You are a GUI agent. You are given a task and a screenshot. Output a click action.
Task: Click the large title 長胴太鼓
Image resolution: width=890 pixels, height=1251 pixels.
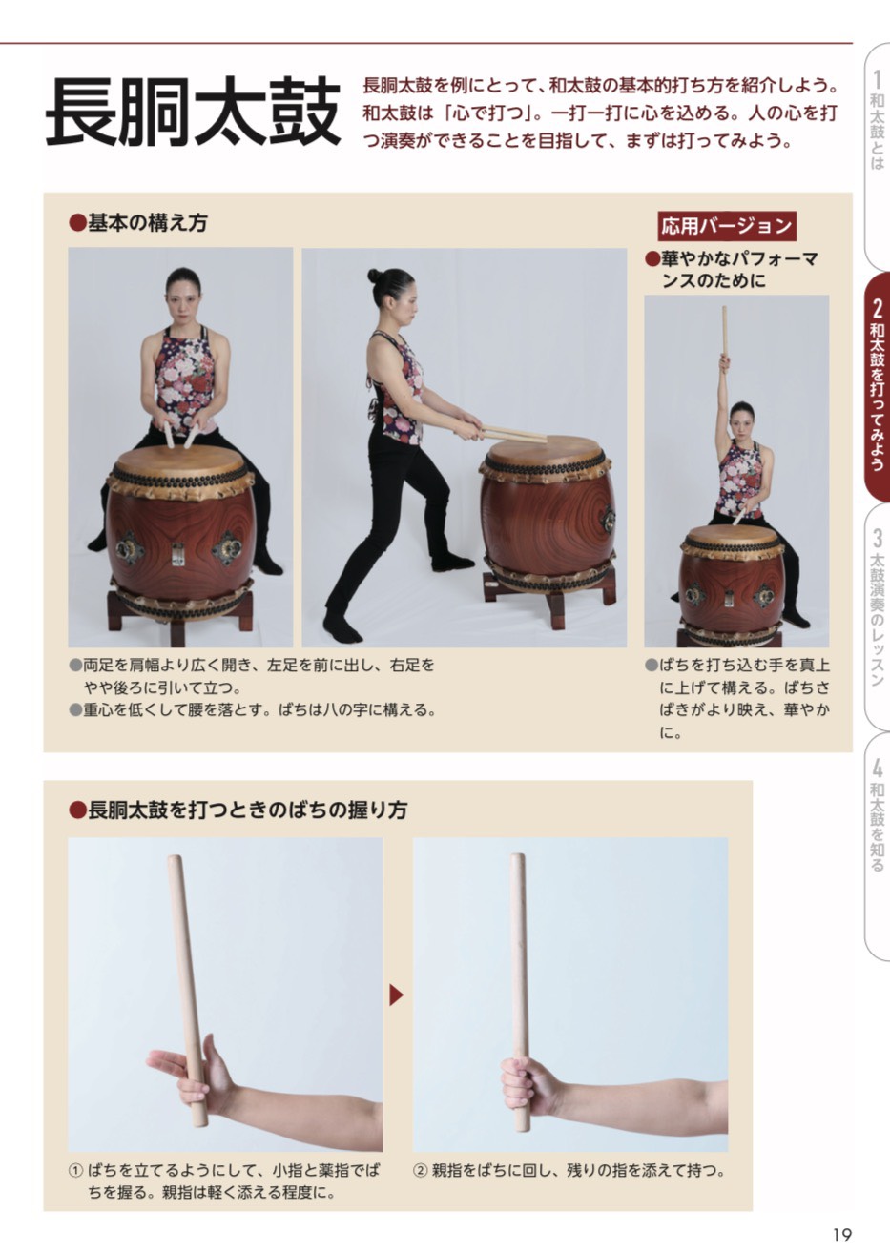pos(193,112)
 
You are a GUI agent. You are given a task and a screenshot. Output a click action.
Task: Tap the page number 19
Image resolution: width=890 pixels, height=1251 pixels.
pos(842,1234)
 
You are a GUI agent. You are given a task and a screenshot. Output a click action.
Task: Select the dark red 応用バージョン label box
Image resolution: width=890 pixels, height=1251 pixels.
pos(726,226)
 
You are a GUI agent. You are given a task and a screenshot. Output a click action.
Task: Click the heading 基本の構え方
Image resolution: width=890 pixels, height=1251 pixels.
pos(138,223)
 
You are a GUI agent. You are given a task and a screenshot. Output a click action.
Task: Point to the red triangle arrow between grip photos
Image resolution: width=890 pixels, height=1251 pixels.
pos(396,995)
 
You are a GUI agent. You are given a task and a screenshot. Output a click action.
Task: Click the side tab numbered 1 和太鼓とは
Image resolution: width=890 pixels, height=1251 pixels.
pos(877,156)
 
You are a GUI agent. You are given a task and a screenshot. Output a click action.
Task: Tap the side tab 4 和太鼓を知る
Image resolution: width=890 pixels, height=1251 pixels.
pos(877,845)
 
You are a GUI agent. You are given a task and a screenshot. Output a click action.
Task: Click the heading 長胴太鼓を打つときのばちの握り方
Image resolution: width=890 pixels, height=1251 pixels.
pos(238,810)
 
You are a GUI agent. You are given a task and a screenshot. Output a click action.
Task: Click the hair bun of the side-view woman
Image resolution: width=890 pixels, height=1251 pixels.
pos(374,276)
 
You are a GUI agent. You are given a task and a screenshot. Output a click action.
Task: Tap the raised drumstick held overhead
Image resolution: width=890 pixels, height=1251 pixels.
pos(725,332)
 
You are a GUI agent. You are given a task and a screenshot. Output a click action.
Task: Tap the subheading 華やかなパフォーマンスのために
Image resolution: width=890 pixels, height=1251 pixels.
pos(732,269)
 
